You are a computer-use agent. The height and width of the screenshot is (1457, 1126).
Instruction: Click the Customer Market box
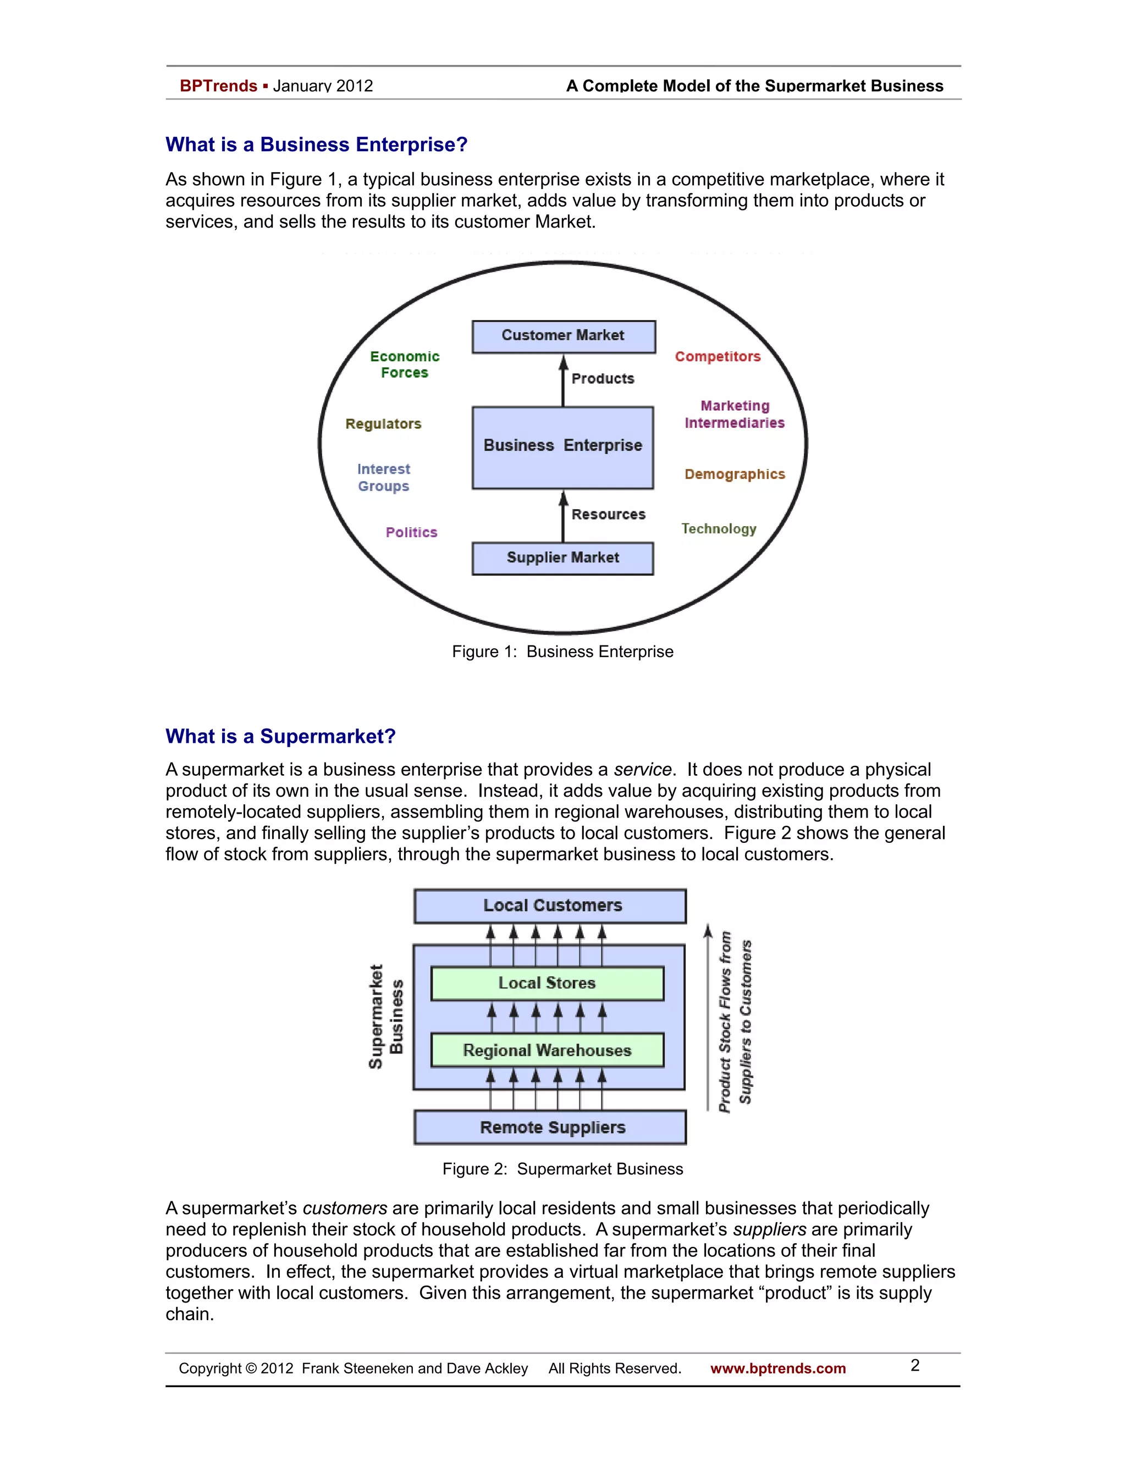tap(563, 336)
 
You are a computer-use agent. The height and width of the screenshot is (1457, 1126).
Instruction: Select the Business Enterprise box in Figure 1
tap(562, 446)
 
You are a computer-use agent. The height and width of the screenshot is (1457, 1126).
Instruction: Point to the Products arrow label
tap(603, 379)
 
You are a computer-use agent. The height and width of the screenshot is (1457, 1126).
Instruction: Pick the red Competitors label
tap(717, 356)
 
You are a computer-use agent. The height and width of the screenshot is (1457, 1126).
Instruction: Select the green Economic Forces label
tap(404, 364)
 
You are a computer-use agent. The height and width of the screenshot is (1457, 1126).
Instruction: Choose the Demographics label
tap(735, 474)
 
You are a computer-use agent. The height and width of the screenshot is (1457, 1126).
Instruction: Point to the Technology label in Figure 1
tap(719, 529)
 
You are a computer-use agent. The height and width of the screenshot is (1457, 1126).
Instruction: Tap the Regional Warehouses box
tap(547, 1050)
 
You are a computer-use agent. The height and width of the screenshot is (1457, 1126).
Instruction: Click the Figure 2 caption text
tap(562, 1169)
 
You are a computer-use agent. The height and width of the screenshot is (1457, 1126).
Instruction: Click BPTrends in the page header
tap(218, 86)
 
